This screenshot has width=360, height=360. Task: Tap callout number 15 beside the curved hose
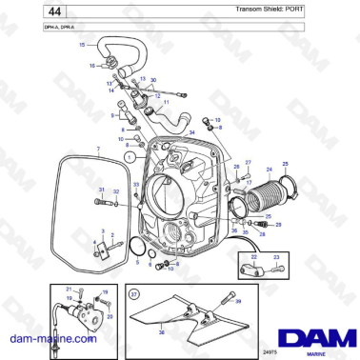81,45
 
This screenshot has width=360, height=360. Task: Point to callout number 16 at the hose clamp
92,66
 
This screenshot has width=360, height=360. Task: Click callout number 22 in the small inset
253,256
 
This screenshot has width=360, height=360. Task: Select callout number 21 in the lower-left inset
68,289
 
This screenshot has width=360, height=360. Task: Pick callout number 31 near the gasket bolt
101,190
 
